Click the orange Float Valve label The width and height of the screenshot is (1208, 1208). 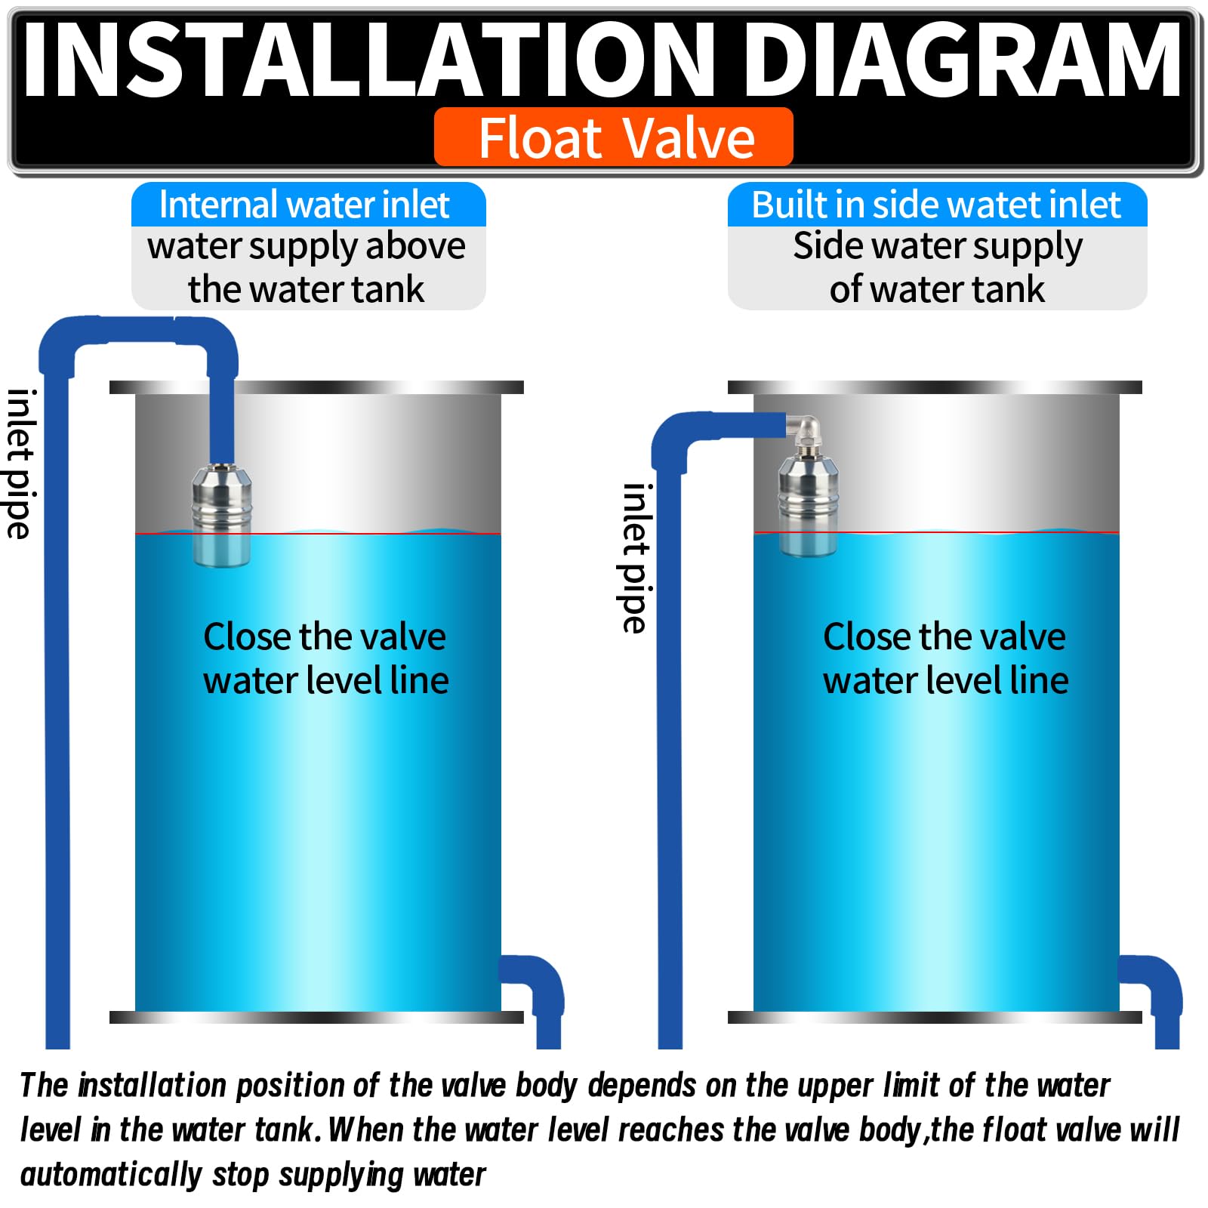click(613, 137)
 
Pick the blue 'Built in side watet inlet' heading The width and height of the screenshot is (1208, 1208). click(937, 205)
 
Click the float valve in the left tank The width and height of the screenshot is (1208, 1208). click(221, 516)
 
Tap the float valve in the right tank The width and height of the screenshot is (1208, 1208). click(808, 505)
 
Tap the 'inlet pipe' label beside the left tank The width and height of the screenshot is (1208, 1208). click(20, 464)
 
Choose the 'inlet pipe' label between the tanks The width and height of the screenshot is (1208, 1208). click(635, 558)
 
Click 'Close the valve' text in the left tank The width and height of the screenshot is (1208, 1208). click(325, 636)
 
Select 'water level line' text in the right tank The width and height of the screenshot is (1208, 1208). click(945, 680)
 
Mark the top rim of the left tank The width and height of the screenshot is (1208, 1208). click(316, 387)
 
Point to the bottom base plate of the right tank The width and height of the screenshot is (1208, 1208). click(935, 1018)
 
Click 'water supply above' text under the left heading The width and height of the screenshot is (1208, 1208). click(307, 248)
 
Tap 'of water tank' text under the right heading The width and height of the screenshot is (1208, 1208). click(937, 290)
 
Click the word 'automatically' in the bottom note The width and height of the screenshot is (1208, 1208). click(111, 1175)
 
